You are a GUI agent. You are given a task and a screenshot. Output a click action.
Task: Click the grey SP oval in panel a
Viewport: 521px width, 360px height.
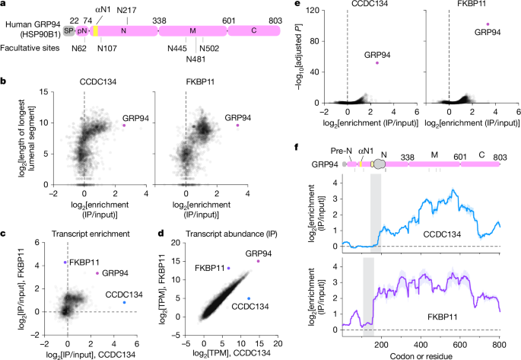pos(69,30)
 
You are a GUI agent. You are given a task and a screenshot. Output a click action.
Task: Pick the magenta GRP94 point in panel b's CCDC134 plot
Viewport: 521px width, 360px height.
pos(123,126)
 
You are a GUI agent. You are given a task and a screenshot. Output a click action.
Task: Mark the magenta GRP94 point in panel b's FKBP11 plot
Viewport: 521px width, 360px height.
pos(237,126)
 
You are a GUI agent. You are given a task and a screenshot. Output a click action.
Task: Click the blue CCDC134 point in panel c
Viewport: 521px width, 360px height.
pos(124,303)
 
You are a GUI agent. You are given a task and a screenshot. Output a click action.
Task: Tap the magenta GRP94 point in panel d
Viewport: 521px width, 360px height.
pos(258,261)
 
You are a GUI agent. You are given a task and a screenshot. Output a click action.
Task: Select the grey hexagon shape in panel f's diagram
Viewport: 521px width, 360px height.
pos(378,162)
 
